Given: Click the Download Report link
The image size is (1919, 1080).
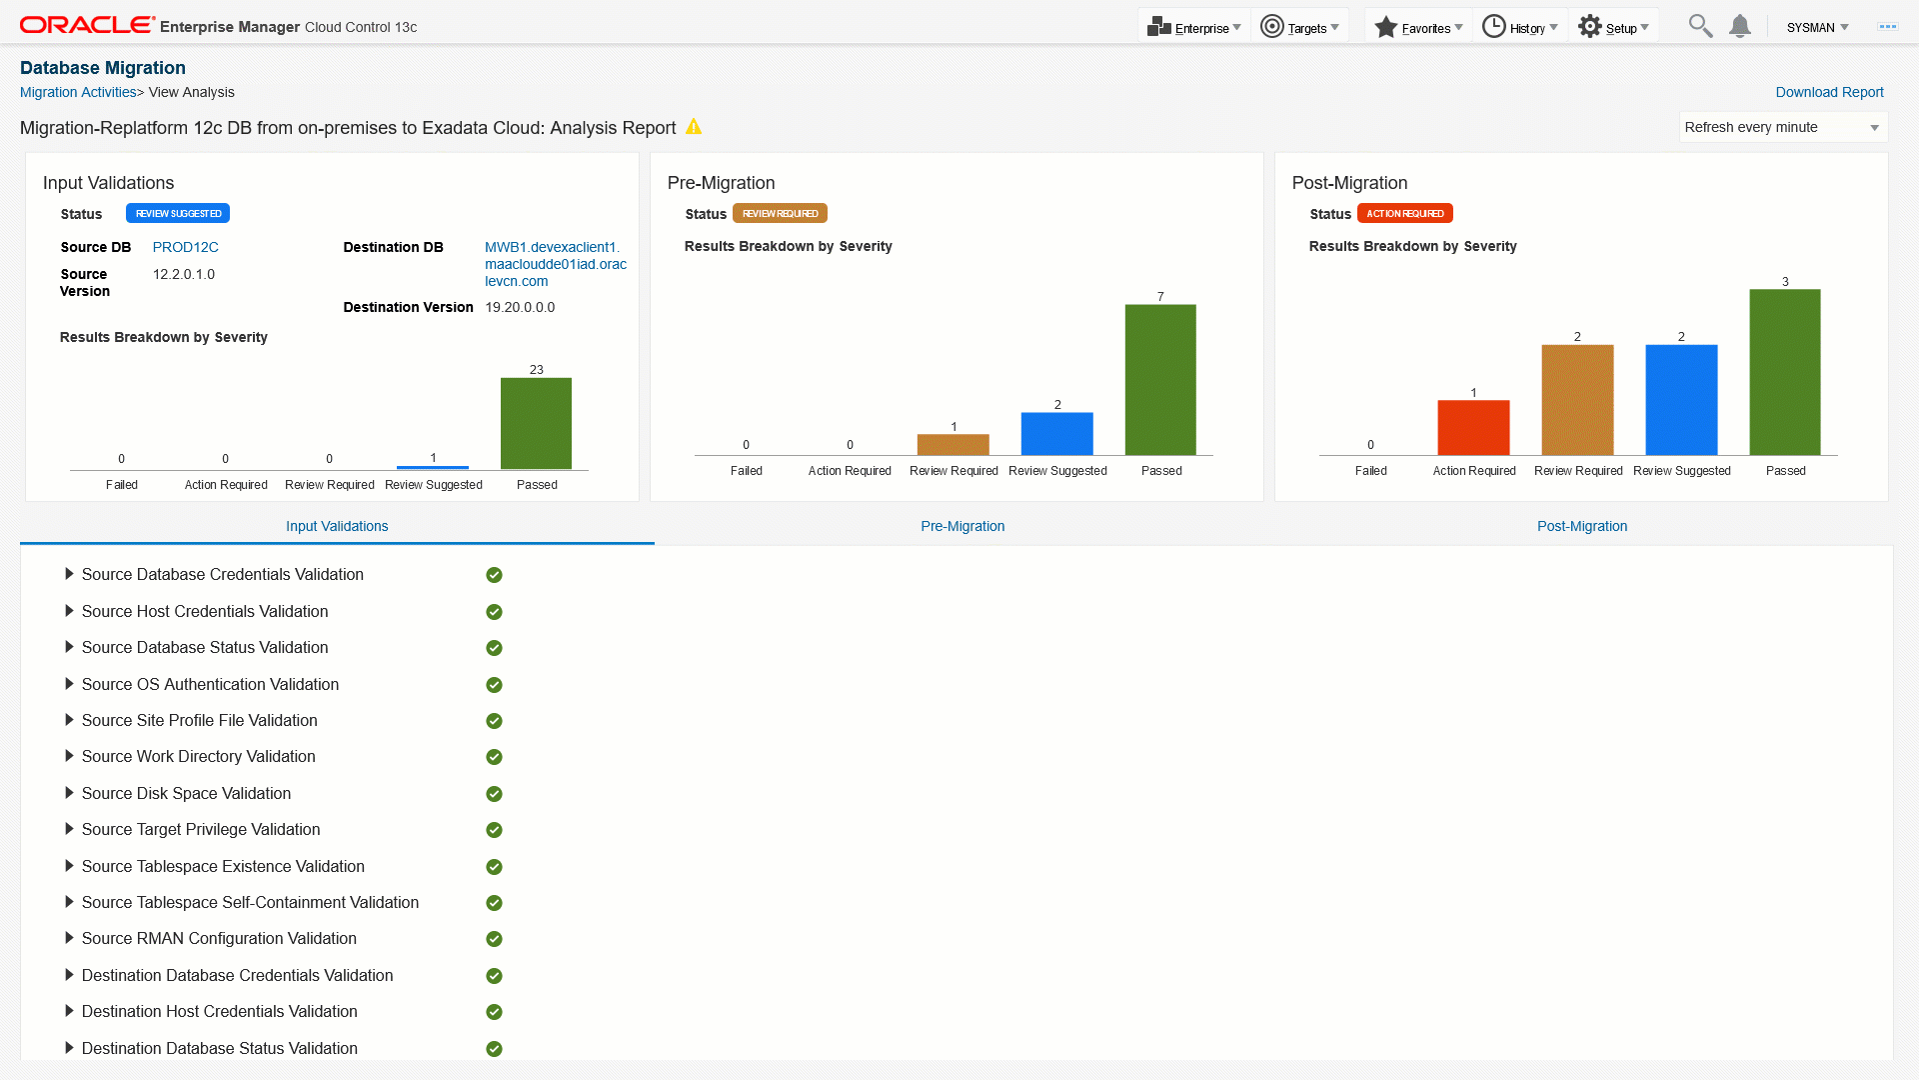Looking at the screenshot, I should (1829, 92).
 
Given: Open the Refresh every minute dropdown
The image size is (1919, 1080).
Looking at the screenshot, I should (1782, 127).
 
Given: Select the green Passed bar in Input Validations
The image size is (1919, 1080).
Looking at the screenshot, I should (536, 423).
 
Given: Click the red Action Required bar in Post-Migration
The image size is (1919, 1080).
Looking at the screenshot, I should (1473, 427).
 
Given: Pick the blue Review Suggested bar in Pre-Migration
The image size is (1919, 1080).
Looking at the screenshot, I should (1056, 433).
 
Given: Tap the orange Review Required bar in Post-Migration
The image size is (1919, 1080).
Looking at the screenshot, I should (1577, 400).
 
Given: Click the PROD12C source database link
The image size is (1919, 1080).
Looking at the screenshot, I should (185, 247).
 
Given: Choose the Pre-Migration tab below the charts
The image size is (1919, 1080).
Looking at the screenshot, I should (962, 526).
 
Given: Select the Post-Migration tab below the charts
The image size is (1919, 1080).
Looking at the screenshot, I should (1582, 526).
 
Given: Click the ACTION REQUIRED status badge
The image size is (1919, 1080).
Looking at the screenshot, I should (1404, 213).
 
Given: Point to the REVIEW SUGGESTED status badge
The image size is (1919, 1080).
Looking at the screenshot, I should (178, 213).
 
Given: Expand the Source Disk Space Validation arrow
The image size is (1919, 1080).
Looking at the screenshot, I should (69, 793).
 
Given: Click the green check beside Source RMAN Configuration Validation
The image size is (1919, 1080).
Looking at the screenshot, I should (494, 939).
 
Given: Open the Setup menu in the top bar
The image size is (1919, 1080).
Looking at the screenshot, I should (1613, 27).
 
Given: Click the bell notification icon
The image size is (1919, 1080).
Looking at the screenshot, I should (1740, 26).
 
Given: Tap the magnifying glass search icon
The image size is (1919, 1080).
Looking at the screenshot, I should (1699, 26).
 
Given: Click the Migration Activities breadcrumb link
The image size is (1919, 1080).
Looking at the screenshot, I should (78, 92).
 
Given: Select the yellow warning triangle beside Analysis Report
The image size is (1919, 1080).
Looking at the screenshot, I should (694, 127).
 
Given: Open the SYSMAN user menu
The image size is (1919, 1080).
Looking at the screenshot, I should (1817, 27).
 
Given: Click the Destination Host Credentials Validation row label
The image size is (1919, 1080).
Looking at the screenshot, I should (219, 1011).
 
